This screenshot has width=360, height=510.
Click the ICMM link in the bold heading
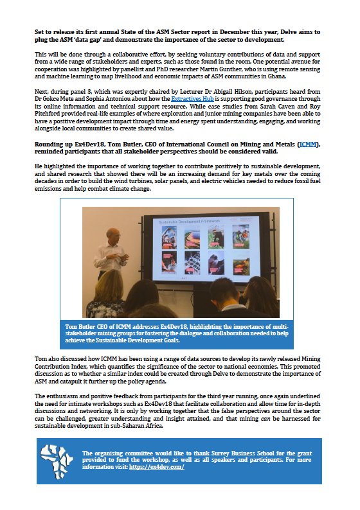click(309, 145)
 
